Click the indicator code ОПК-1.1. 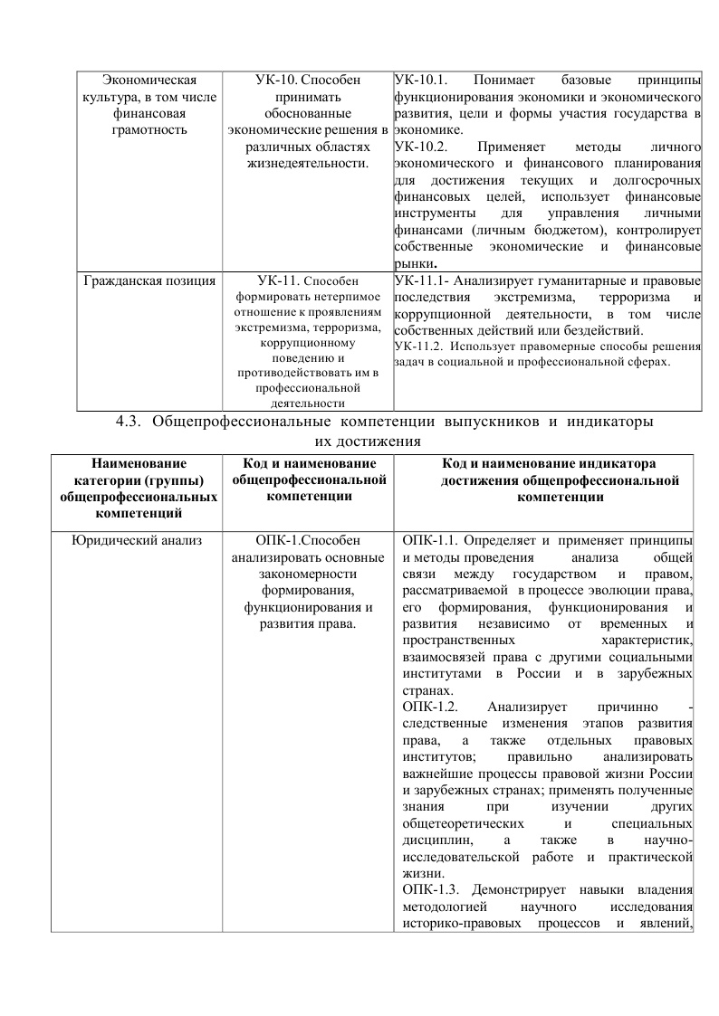pos(431,541)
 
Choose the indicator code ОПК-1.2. pos(431,707)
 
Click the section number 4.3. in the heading pos(132,423)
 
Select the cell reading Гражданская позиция pos(149,280)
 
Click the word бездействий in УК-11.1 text pos(602,329)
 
